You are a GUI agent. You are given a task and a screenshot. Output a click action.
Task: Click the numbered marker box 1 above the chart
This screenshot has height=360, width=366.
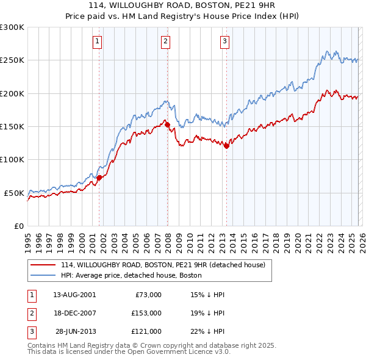[98, 41]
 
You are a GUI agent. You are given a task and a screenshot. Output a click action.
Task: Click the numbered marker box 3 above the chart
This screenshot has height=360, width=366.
[224, 41]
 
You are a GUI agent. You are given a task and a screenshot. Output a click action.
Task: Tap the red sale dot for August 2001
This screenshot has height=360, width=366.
[99, 178]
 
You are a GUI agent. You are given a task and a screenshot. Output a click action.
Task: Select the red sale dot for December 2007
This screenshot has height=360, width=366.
[167, 125]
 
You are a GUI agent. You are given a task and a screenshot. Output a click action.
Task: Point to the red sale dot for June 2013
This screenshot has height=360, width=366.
[226, 146]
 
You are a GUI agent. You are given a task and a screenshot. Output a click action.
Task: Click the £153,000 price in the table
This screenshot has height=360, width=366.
[146, 312]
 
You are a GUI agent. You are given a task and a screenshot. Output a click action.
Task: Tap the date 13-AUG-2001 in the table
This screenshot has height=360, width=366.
[74, 294]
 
